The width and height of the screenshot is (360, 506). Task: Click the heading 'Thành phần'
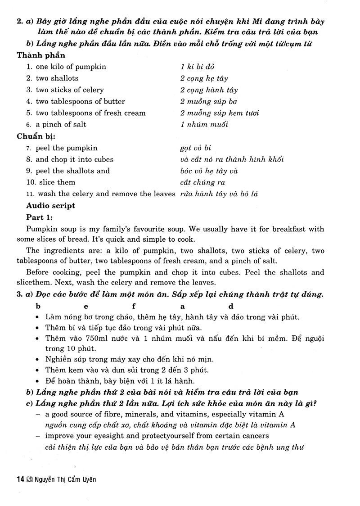click(x=41, y=55)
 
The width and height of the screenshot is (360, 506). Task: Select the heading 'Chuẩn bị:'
click(x=39, y=136)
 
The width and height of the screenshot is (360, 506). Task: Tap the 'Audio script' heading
click(x=51, y=206)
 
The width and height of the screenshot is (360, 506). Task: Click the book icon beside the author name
click(x=30, y=479)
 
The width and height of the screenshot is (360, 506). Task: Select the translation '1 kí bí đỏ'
click(x=197, y=67)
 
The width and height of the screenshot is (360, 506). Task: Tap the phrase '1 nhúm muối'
click(x=204, y=124)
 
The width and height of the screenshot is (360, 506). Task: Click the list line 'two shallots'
click(x=57, y=78)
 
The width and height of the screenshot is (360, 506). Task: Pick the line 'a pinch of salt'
click(x=61, y=124)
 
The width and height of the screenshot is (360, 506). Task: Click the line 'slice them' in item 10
click(x=57, y=182)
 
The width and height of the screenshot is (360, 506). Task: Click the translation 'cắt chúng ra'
click(x=202, y=182)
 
